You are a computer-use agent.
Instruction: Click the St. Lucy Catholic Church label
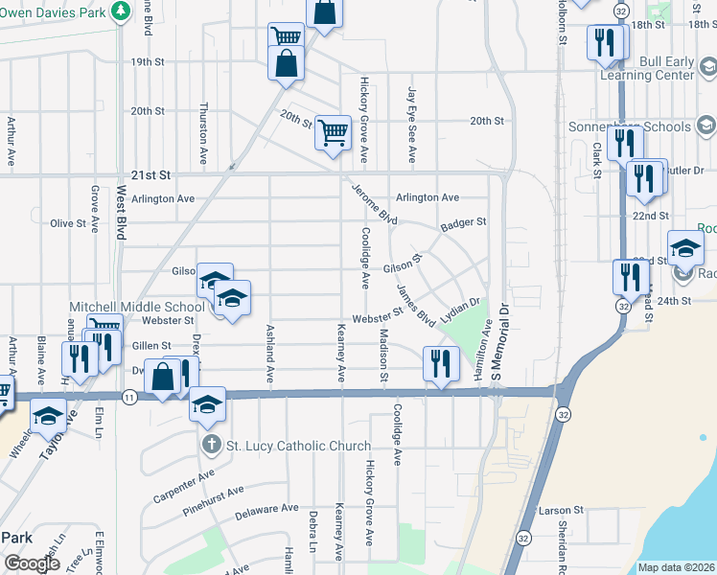[298, 446]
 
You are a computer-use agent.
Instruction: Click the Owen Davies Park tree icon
[121, 11]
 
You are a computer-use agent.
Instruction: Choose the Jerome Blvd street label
[374, 203]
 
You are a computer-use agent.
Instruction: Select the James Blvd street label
[416, 306]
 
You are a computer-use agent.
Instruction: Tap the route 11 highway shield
[127, 395]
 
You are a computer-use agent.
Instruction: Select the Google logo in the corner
[32, 563]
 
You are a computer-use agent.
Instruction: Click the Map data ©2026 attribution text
[676, 567]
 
